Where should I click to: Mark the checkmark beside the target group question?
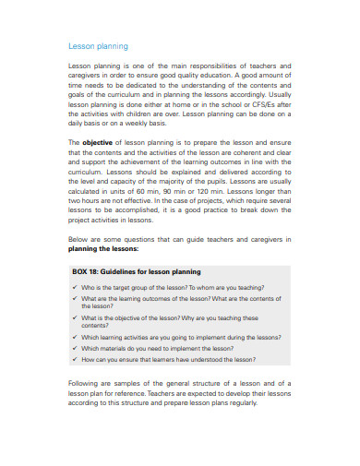75,287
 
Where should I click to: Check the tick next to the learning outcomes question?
75,299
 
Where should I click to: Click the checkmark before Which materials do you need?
75,349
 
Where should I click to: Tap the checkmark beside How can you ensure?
75,360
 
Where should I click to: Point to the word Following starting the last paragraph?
88,383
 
